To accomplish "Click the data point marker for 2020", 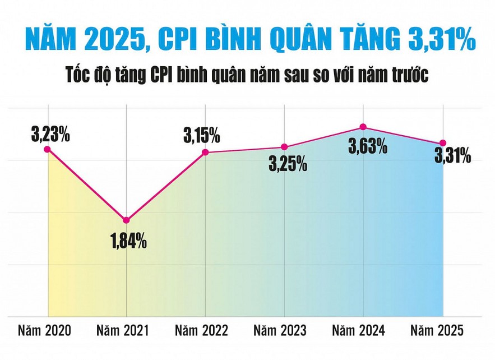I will point(48,149).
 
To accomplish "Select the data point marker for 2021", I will point(127,220).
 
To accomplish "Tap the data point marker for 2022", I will point(205,153).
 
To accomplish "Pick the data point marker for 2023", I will point(284,147).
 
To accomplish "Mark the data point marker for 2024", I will point(363,127).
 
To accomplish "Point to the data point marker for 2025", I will point(443,143).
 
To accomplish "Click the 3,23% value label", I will point(50,135).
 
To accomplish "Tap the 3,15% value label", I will point(201,136).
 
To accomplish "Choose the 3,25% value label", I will point(288,164).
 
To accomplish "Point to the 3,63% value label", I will point(368,147).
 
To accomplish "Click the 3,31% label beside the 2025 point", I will point(452,157).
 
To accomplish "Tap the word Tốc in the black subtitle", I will point(81,75).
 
